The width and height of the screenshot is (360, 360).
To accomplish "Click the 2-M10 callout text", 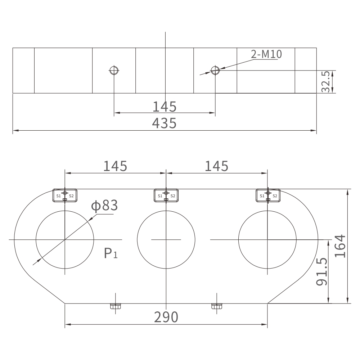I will point(266,54).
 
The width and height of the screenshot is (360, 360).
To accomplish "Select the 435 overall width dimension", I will point(164,123).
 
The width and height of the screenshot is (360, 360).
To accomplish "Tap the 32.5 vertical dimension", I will point(326,82).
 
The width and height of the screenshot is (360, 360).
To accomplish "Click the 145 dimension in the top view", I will point(164,107).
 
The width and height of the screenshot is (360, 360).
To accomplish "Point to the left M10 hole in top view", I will point(114,70).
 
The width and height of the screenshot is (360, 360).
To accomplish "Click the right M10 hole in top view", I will point(215,70).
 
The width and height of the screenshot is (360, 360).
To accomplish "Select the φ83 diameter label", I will point(104,206).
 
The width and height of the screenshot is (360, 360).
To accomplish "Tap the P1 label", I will point(111,253).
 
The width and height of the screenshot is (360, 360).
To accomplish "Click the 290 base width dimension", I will point(166,317).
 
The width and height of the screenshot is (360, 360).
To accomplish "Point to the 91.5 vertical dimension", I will point(321,272).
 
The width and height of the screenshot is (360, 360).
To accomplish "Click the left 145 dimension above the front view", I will point(115,166).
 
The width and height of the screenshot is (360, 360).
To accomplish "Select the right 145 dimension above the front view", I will point(216,166).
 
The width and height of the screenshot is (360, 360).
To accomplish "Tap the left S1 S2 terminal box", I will point(64,195).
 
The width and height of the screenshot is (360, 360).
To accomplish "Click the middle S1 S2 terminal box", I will point(166,195).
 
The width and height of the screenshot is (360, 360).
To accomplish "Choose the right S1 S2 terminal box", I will point(268,195).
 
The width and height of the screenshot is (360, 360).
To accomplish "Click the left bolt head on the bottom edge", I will point(115,307).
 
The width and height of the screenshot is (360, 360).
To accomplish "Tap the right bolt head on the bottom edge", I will point(216,307).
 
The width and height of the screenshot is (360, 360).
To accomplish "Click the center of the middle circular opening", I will point(166,239).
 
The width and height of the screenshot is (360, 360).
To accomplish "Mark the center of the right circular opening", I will point(267,239).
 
